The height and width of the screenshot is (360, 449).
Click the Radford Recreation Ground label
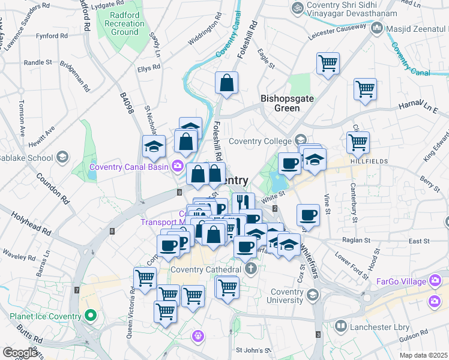coord(124,23)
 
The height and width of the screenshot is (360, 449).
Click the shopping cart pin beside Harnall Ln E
coord(365,90)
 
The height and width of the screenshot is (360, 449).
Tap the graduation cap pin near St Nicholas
coord(153,146)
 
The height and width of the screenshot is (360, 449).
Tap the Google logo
coord(20,353)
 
